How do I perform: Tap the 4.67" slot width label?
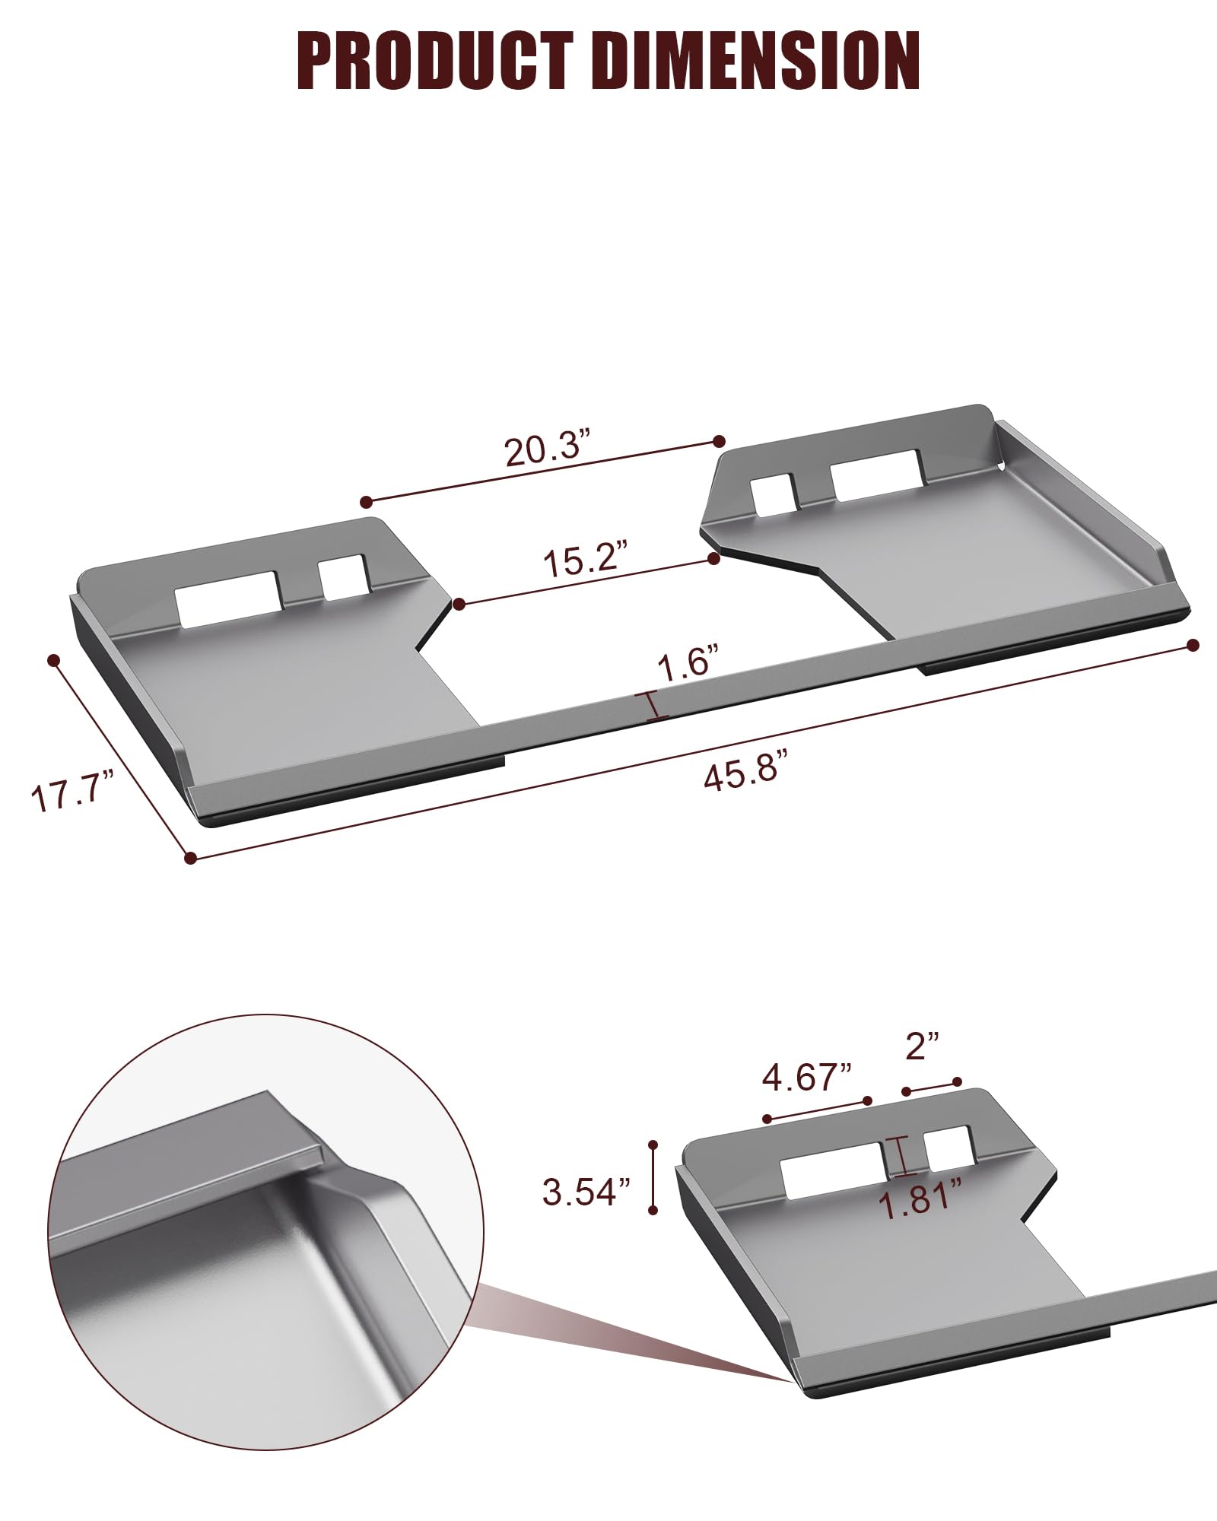pos(807,1078)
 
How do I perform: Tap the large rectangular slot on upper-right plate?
pos(875,475)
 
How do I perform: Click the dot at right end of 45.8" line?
pos(1193,645)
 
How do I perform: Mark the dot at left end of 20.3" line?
pos(367,501)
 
